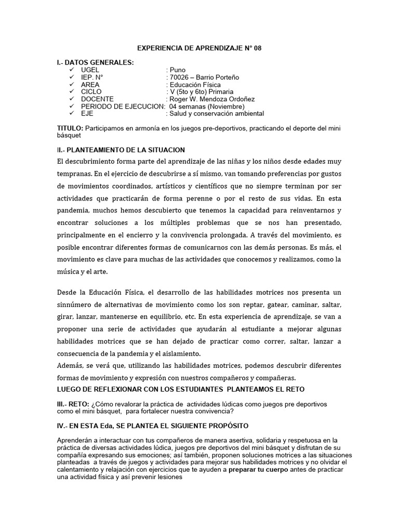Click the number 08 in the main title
tap(258, 48)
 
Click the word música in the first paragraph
tap(70, 272)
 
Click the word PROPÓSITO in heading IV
tap(224, 425)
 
